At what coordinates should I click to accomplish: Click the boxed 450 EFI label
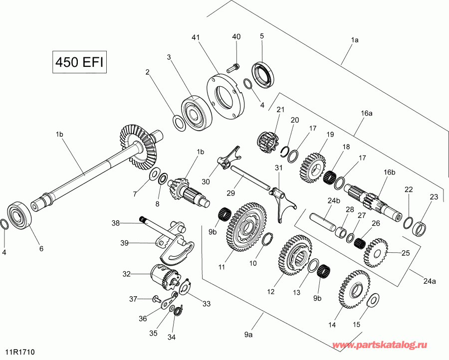[x=79, y=62]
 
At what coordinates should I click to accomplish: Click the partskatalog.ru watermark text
[x=380, y=345]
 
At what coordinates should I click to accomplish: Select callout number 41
[x=196, y=37]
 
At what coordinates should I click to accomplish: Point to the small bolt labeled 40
[x=233, y=67]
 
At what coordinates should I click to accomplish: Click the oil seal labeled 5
[x=263, y=75]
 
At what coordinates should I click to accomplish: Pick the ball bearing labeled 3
[x=197, y=113]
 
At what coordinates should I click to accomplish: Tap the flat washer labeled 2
[x=179, y=123]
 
